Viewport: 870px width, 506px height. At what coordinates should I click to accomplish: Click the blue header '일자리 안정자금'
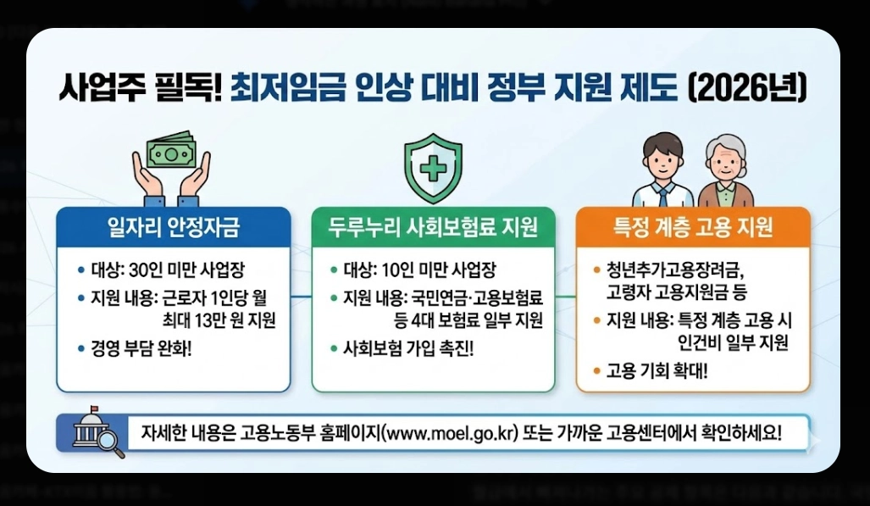174,226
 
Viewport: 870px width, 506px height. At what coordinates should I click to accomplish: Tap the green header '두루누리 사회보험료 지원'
433,226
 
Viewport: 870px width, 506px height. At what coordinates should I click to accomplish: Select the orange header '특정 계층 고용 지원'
693,226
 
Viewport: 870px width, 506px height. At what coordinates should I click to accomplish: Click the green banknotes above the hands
170,153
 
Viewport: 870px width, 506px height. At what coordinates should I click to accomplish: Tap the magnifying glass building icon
96,433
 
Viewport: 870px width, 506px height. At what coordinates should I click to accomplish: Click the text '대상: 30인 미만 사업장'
168,271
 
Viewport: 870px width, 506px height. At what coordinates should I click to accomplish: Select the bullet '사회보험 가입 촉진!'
408,348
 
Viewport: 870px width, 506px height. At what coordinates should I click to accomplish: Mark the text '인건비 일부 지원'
733,342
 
